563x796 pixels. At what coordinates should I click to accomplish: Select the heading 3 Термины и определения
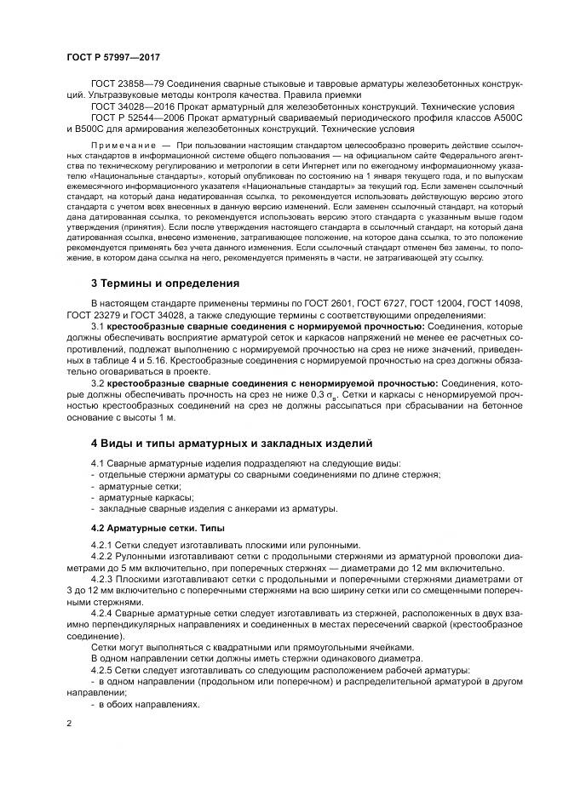(164, 283)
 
